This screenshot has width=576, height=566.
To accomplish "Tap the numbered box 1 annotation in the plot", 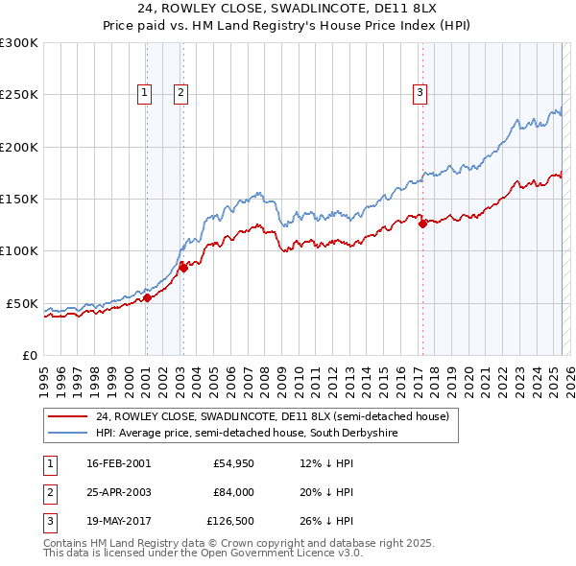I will tap(144, 93).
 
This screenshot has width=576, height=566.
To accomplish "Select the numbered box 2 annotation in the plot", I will tap(180, 93).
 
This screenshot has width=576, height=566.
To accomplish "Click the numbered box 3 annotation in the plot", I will tap(420, 93).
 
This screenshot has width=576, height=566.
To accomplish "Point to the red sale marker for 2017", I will tap(422, 224).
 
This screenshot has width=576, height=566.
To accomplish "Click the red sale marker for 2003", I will tap(183, 268).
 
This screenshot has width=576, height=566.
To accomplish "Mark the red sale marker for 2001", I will tap(148, 297).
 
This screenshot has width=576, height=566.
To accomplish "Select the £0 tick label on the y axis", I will tap(30, 355).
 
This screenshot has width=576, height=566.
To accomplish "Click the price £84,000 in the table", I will tap(233, 492).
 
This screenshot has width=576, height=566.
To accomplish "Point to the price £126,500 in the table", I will tap(230, 521).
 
